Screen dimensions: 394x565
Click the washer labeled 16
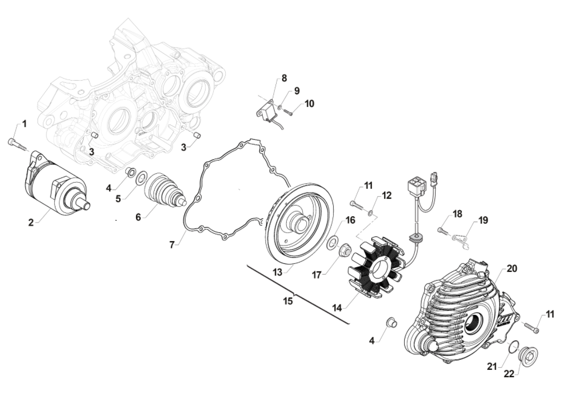click(x=331, y=242)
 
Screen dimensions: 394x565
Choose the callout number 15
click(x=288, y=301)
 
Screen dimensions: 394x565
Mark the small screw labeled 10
click(x=288, y=113)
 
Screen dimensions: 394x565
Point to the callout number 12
click(x=386, y=196)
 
